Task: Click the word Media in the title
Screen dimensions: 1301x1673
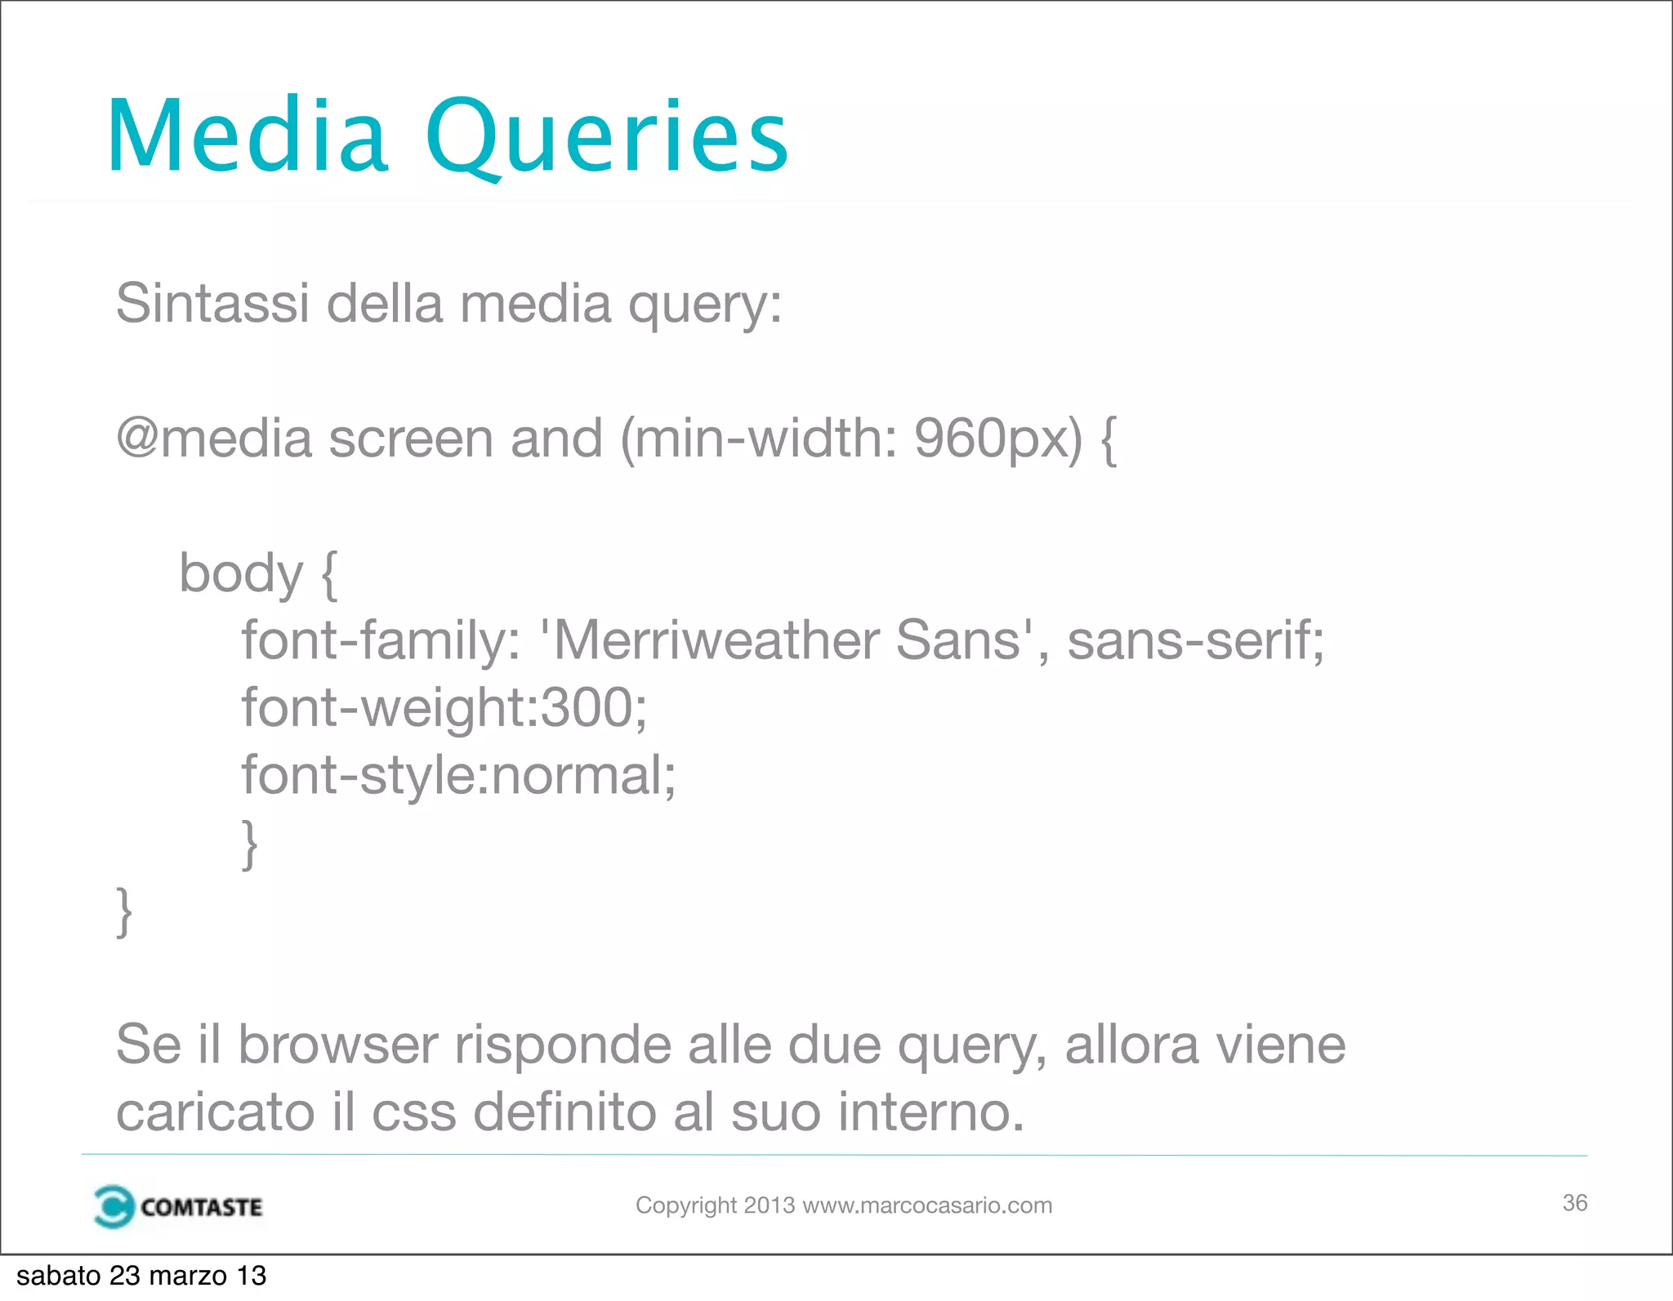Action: pyautogui.click(x=248, y=136)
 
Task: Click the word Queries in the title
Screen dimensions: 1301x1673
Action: pyautogui.click(x=606, y=136)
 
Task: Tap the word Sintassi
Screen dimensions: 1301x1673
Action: pyautogui.click(x=212, y=303)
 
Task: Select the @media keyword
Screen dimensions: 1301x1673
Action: pyautogui.click(x=214, y=439)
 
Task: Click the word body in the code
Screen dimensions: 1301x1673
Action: pyautogui.click(x=240, y=574)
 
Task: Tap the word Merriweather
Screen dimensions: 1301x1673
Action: pyautogui.click(x=720, y=640)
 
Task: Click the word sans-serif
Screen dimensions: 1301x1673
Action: pyautogui.click(x=1194, y=640)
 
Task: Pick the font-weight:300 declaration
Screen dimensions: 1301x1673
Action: pyautogui.click(x=444, y=707)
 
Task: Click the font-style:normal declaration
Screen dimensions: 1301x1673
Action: pyautogui.click(x=458, y=774)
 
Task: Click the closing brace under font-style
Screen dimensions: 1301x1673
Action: pyautogui.click(x=250, y=844)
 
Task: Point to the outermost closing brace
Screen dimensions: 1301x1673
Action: pyautogui.click(x=124, y=911)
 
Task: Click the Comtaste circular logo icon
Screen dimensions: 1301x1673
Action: pyautogui.click(x=114, y=1206)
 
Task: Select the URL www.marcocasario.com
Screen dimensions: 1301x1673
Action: pyautogui.click(x=927, y=1205)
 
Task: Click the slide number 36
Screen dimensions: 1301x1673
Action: pyautogui.click(x=1574, y=1203)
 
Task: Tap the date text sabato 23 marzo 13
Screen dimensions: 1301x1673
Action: pyautogui.click(x=141, y=1276)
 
